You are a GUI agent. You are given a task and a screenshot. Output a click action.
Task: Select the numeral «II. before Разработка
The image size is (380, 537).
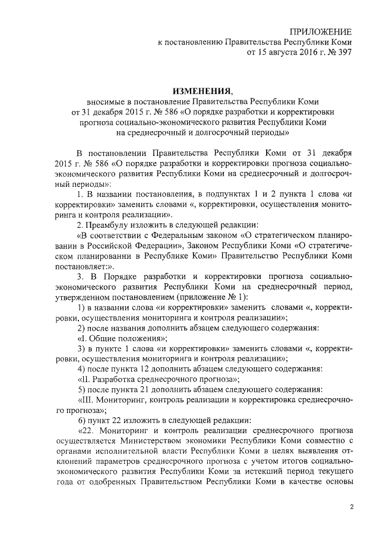pos(85,379)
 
